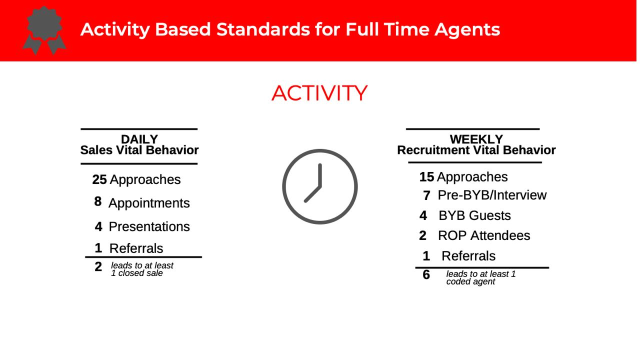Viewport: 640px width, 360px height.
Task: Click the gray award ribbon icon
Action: click(44, 30)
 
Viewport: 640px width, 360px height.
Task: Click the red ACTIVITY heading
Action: click(319, 93)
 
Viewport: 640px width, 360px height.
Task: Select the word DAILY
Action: click(139, 139)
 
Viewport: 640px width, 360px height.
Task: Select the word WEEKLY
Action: click(476, 139)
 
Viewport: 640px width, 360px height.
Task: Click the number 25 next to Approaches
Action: click(99, 179)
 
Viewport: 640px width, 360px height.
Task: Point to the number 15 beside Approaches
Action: click(426, 177)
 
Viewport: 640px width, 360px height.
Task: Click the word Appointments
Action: click(149, 203)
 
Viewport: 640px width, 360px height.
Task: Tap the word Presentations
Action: click(149, 227)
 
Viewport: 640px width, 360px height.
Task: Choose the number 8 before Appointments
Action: click(98, 201)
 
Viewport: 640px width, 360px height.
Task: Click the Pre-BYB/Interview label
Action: click(492, 195)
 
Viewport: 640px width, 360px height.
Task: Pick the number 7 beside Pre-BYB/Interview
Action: click(426, 195)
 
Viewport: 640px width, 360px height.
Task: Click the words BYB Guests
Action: click(474, 215)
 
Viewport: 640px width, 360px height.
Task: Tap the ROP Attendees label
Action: click(484, 235)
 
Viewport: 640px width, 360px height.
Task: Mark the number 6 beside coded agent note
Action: click(426, 275)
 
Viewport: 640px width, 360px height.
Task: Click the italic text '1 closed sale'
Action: click(137, 273)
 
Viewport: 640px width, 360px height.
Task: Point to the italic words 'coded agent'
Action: click(470, 281)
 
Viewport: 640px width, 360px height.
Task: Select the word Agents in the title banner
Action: click(467, 30)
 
